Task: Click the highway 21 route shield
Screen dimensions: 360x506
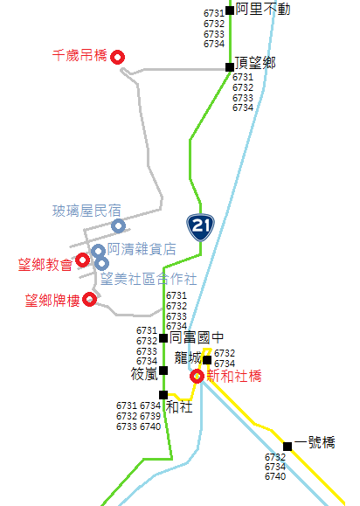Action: (x=200, y=227)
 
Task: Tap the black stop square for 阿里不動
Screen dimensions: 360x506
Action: (x=230, y=10)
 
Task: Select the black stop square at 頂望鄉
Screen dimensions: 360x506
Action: (x=230, y=67)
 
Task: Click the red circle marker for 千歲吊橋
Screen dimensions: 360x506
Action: (x=117, y=57)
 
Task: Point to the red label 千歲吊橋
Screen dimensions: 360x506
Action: (x=80, y=56)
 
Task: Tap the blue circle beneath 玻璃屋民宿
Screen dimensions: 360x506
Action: (x=118, y=225)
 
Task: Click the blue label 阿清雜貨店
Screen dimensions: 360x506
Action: (x=142, y=249)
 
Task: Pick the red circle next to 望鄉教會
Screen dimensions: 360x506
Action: (x=83, y=260)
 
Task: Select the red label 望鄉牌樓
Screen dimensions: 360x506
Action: (x=52, y=301)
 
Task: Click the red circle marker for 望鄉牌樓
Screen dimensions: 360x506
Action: (x=90, y=300)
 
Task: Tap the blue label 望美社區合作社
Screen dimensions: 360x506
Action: (x=149, y=279)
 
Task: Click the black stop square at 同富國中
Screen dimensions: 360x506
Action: (x=163, y=338)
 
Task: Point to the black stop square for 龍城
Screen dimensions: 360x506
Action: (x=207, y=360)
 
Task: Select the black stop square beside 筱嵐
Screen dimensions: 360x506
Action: (x=163, y=371)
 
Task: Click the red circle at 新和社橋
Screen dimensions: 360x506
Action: (x=197, y=377)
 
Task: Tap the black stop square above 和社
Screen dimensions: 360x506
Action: (x=163, y=395)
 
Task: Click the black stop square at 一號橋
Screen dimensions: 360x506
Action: (x=287, y=447)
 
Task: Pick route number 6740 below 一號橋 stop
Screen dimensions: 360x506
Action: (x=275, y=476)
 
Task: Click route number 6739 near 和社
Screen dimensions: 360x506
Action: (x=150, y=416)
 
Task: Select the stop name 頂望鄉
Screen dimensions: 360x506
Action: (x=255, y=63)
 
